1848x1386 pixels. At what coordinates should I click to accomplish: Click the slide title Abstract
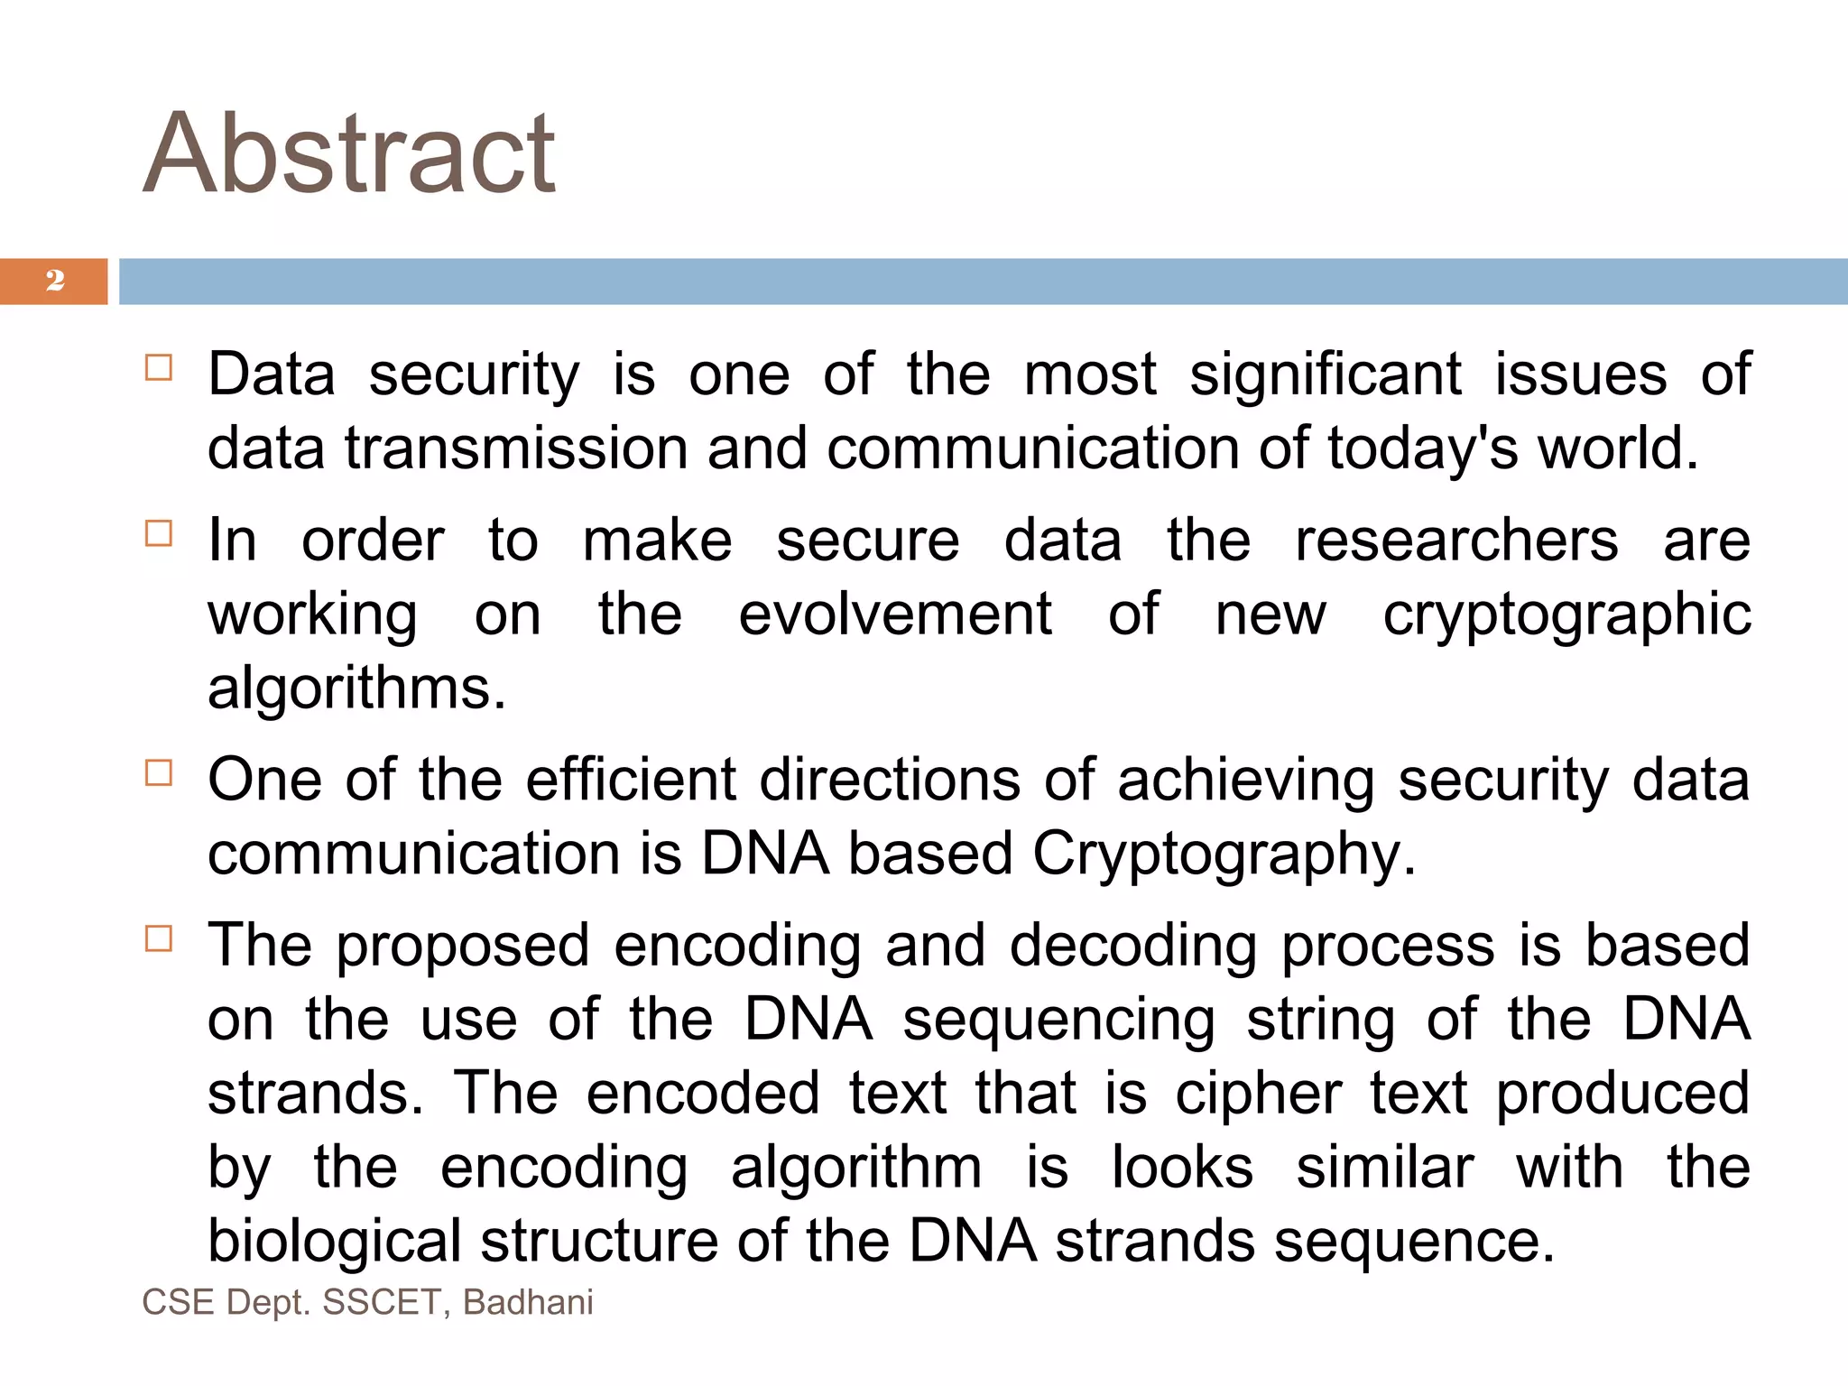point(349,153)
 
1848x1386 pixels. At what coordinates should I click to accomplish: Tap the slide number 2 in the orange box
point(55,281)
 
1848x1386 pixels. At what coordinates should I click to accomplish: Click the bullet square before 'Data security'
point(159,368)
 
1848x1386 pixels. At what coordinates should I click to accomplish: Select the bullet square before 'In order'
point(159,533)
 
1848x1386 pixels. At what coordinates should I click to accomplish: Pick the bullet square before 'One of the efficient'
point(159,773)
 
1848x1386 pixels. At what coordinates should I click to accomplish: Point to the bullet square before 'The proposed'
point(159,939)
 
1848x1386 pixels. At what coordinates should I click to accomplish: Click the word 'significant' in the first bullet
point(1325,374)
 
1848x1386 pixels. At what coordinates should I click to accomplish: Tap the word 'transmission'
point(516,448)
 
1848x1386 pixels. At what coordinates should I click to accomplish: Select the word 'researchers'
point(1456,541)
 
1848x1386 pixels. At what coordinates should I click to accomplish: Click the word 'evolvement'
point(895,614)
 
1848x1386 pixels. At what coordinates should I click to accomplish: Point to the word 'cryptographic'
point(1567,616)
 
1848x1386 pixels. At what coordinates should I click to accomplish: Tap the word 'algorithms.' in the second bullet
point(357,689)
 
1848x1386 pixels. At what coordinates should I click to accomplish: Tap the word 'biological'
point(335,1243)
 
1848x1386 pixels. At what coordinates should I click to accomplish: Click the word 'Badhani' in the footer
point(528,1303)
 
